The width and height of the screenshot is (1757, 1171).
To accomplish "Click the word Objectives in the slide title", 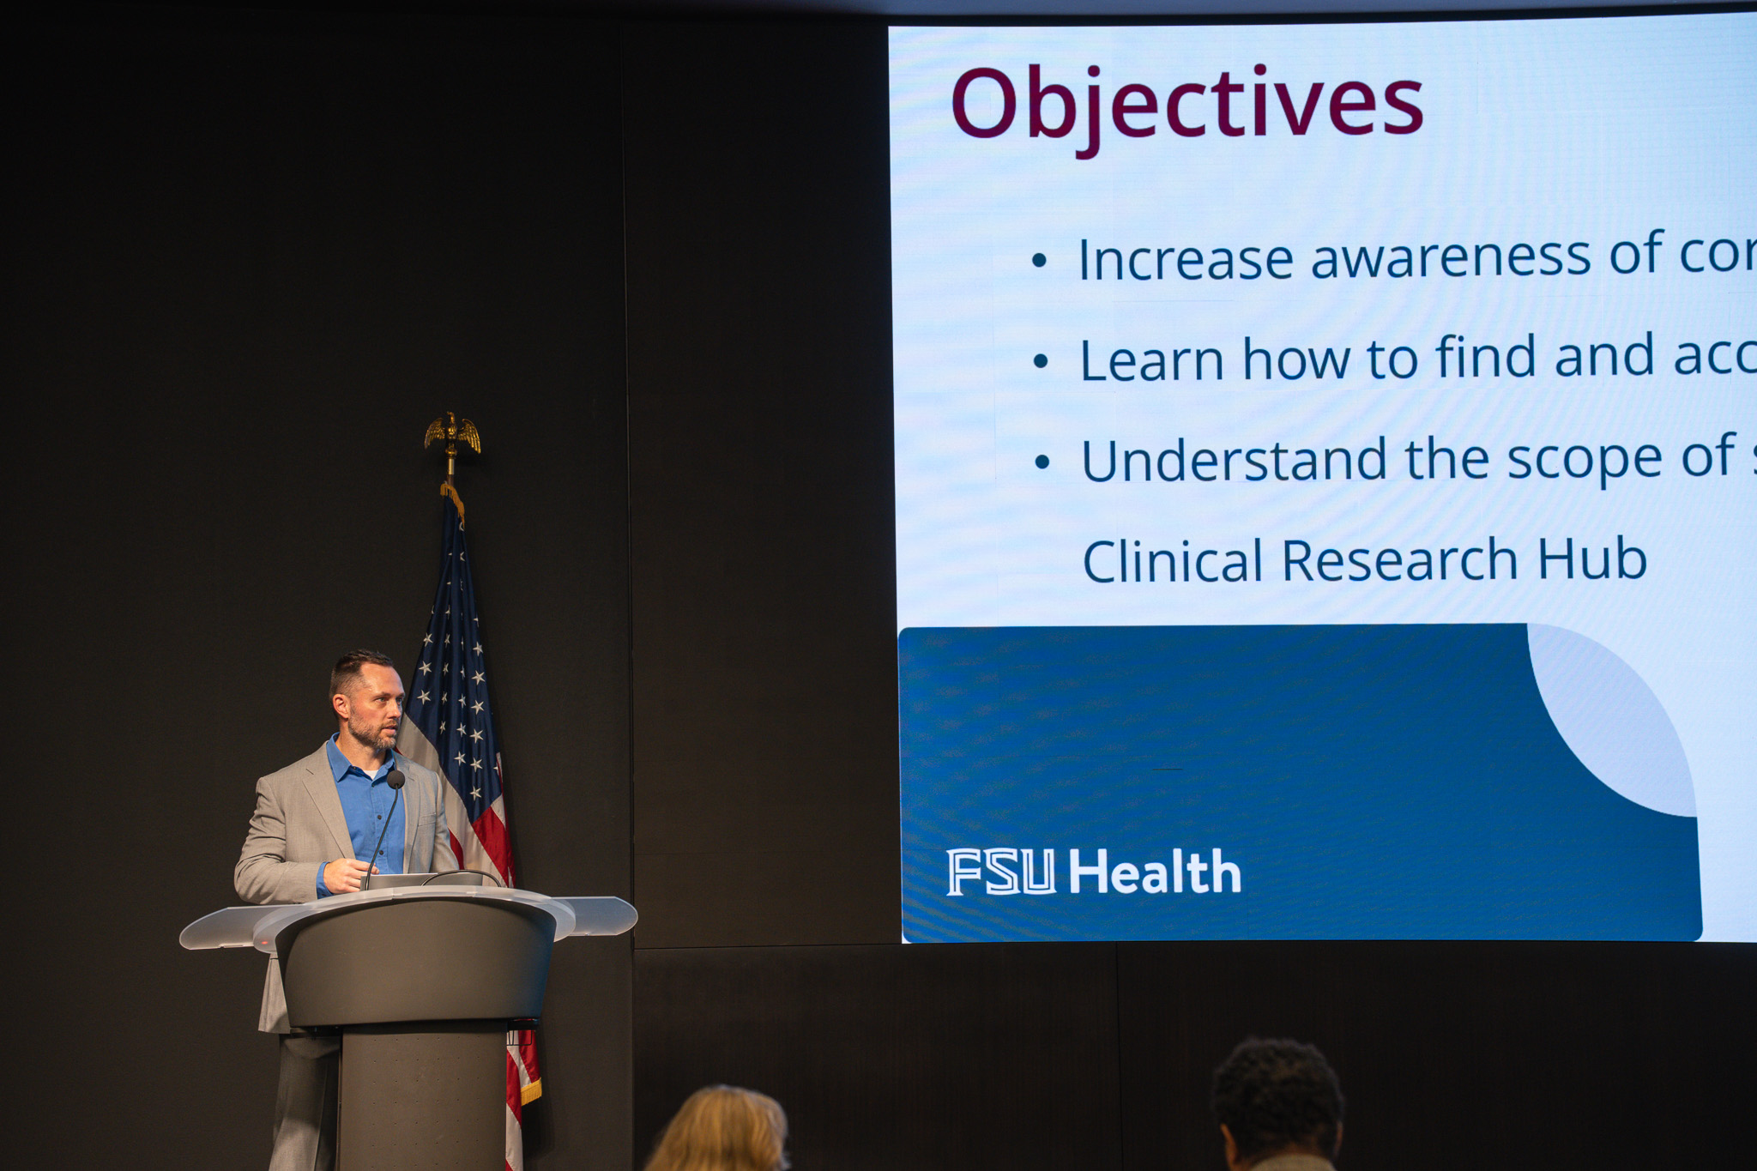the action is [x=1187, y=106].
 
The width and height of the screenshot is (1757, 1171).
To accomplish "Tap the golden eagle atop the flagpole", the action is [x=452, y=433].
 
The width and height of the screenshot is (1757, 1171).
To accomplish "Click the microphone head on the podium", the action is [x=395, y=779].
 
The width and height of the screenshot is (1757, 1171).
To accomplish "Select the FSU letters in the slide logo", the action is [x=1000, y=872].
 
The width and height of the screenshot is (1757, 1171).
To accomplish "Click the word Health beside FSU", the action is [x=1155, y=872].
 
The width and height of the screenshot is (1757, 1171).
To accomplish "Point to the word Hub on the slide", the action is [x=1592, y=559].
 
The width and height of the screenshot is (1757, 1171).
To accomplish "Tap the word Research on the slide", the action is [x=1401, y=560].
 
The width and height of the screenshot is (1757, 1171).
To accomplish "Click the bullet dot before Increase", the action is [x=1040, y=260].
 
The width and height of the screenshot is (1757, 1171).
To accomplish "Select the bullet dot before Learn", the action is [x=1041, y=361].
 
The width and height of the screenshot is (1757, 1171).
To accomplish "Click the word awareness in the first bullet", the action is [x=1451, y=257].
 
